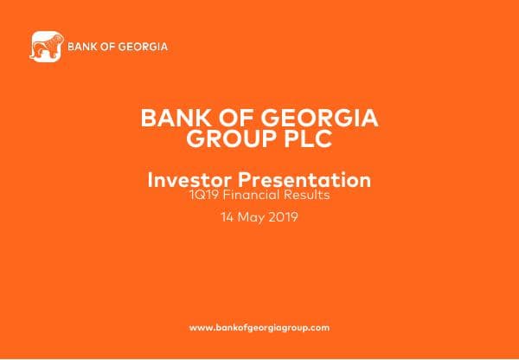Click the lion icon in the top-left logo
[47, 48]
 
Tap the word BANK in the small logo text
[81, 46]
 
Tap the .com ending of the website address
[319, 328]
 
